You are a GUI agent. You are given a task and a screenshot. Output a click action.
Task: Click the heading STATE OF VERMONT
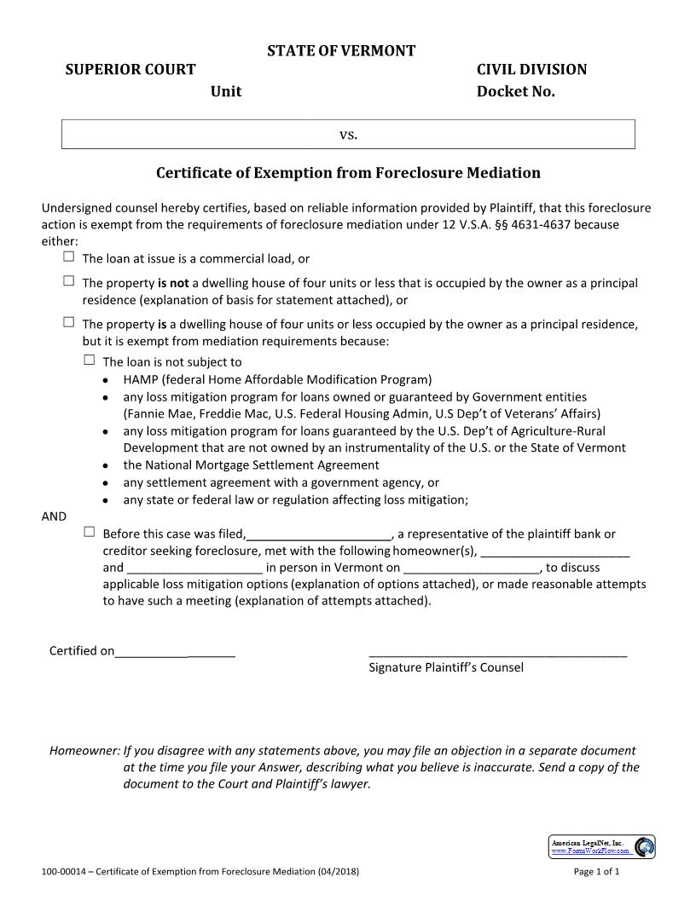[x=341, y=51]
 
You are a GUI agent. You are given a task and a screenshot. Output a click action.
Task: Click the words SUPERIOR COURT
[x=130, y=70]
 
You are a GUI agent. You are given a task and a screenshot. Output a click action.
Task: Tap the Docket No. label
[x=515, y=91]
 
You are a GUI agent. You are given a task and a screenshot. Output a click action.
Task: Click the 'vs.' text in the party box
[x=348, y=135]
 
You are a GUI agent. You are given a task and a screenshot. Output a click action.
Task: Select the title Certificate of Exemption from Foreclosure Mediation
[x=348, y=173]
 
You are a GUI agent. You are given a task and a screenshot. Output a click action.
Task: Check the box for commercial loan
[x=68, y=257]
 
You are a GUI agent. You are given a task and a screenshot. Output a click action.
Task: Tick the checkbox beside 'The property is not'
[x=68, y=280]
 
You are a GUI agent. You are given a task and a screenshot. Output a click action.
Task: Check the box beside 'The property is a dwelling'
[x=68, y=322]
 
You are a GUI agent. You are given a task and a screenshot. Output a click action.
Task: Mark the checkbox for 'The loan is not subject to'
[x=89, y=360]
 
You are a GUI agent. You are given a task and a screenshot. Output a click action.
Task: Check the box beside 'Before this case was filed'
[x=89, y=532]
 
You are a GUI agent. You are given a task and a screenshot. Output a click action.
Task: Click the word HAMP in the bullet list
[x=141, y=379]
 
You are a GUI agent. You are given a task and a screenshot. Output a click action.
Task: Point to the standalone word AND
[x=54, y=516]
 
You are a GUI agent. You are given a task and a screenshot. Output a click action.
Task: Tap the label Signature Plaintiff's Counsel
[x=445, y=667]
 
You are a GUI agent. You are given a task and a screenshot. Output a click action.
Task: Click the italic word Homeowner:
[x=84, y=751]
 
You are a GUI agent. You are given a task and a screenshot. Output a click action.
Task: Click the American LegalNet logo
[x=602, y=846]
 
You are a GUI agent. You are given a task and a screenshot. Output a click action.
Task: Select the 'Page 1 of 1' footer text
[x=596, y=872]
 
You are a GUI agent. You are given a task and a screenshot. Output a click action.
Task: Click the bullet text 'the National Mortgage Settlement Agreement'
[x=251, y=465]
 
